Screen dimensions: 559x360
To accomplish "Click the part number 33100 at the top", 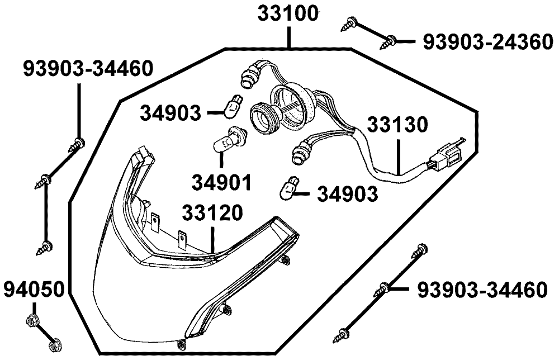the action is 288,15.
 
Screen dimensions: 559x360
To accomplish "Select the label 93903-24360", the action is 488,42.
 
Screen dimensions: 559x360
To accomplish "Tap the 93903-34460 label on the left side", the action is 88,69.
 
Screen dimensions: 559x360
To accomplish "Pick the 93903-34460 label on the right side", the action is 482,290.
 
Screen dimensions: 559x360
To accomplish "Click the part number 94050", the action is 34,289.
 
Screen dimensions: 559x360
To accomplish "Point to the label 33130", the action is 397,125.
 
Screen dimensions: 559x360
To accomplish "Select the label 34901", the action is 222,182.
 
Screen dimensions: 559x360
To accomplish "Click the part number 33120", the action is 212,213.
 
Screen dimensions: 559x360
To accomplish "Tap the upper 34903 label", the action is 170,113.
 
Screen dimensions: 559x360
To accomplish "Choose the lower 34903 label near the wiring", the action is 348,195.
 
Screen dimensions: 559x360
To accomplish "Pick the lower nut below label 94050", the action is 54,345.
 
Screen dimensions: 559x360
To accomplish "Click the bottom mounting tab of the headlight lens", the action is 181,344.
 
